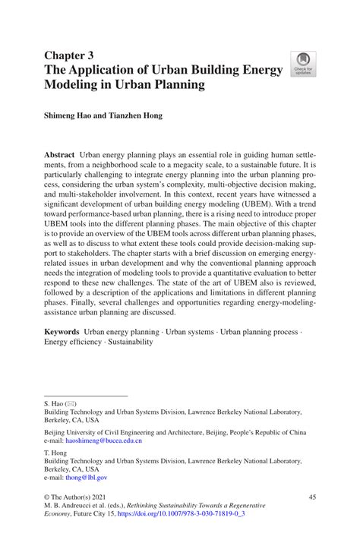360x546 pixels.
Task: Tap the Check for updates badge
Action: coord(303,65)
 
